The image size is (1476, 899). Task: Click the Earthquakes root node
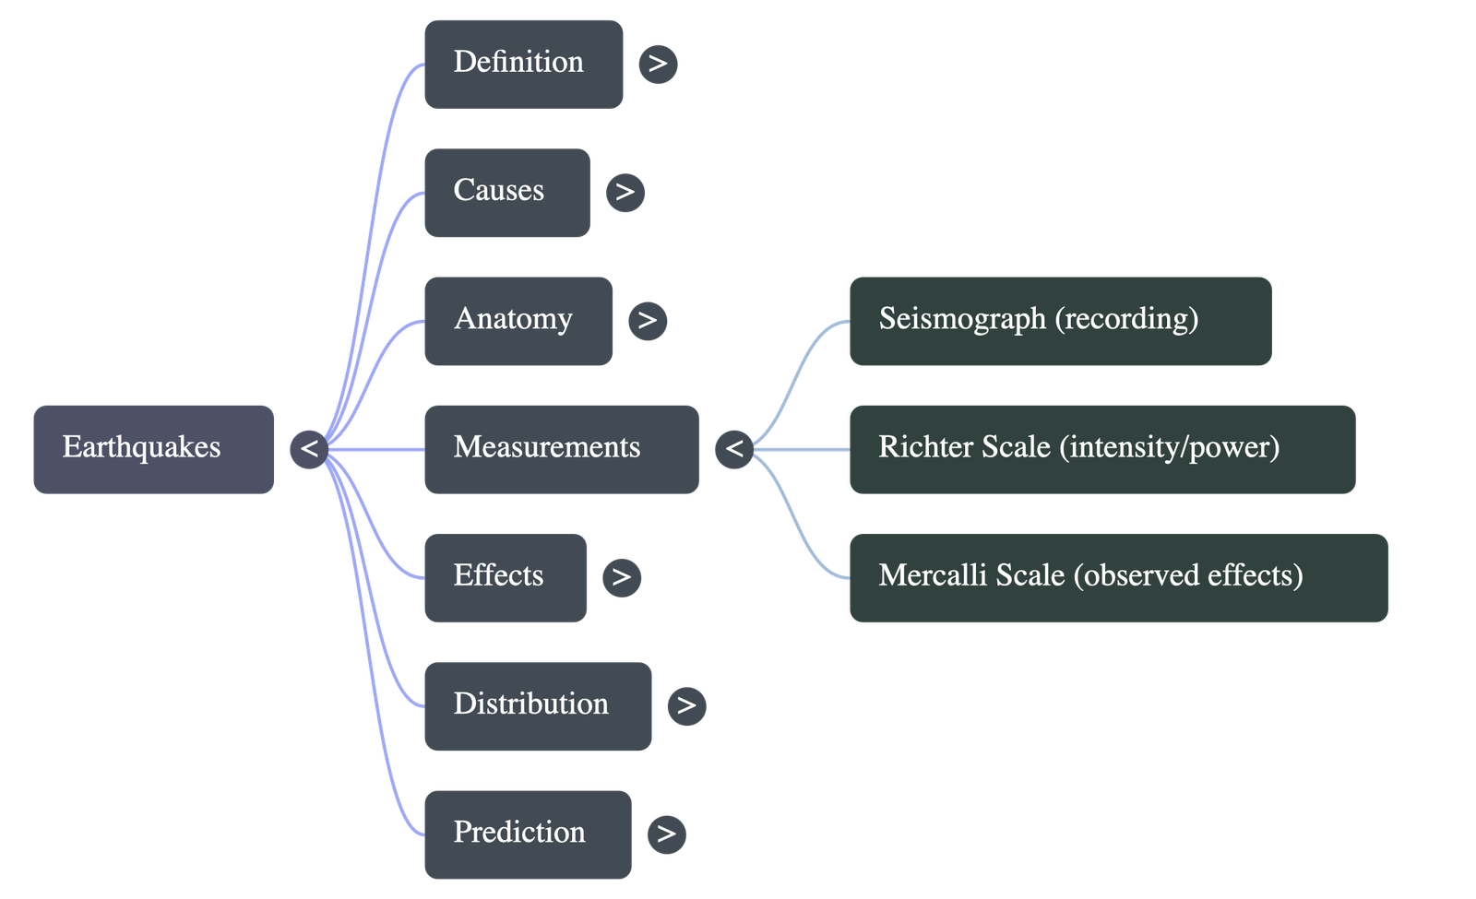[x=153, y=448]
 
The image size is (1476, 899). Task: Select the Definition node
[x=523, y=63]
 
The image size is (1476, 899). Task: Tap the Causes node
[x=506, y=192]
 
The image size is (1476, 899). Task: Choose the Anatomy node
[x=518, y=320]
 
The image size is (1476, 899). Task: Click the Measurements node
[x=561, y=448]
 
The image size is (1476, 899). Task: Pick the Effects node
[x=505, y=576]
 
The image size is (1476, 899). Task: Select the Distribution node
[x=537, y=704]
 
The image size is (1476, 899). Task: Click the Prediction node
[x=528, y=833]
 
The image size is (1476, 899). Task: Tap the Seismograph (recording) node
[x=1059, y=320]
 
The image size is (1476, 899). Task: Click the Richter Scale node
[x=1101, y=448]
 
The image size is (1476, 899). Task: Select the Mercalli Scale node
[x=1118, y=576]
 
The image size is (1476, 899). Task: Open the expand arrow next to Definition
[x=658, y=64]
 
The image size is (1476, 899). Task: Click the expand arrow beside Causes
[x=625, y=192]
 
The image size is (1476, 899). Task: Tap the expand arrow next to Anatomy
[x=648, y=320]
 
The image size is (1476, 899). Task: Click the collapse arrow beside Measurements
[x=734, y=449]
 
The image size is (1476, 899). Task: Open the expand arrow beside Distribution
[x=686, y=705]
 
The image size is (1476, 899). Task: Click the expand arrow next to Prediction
[x=666, y=834]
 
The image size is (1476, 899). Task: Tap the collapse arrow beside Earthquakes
[x=309, y=449]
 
